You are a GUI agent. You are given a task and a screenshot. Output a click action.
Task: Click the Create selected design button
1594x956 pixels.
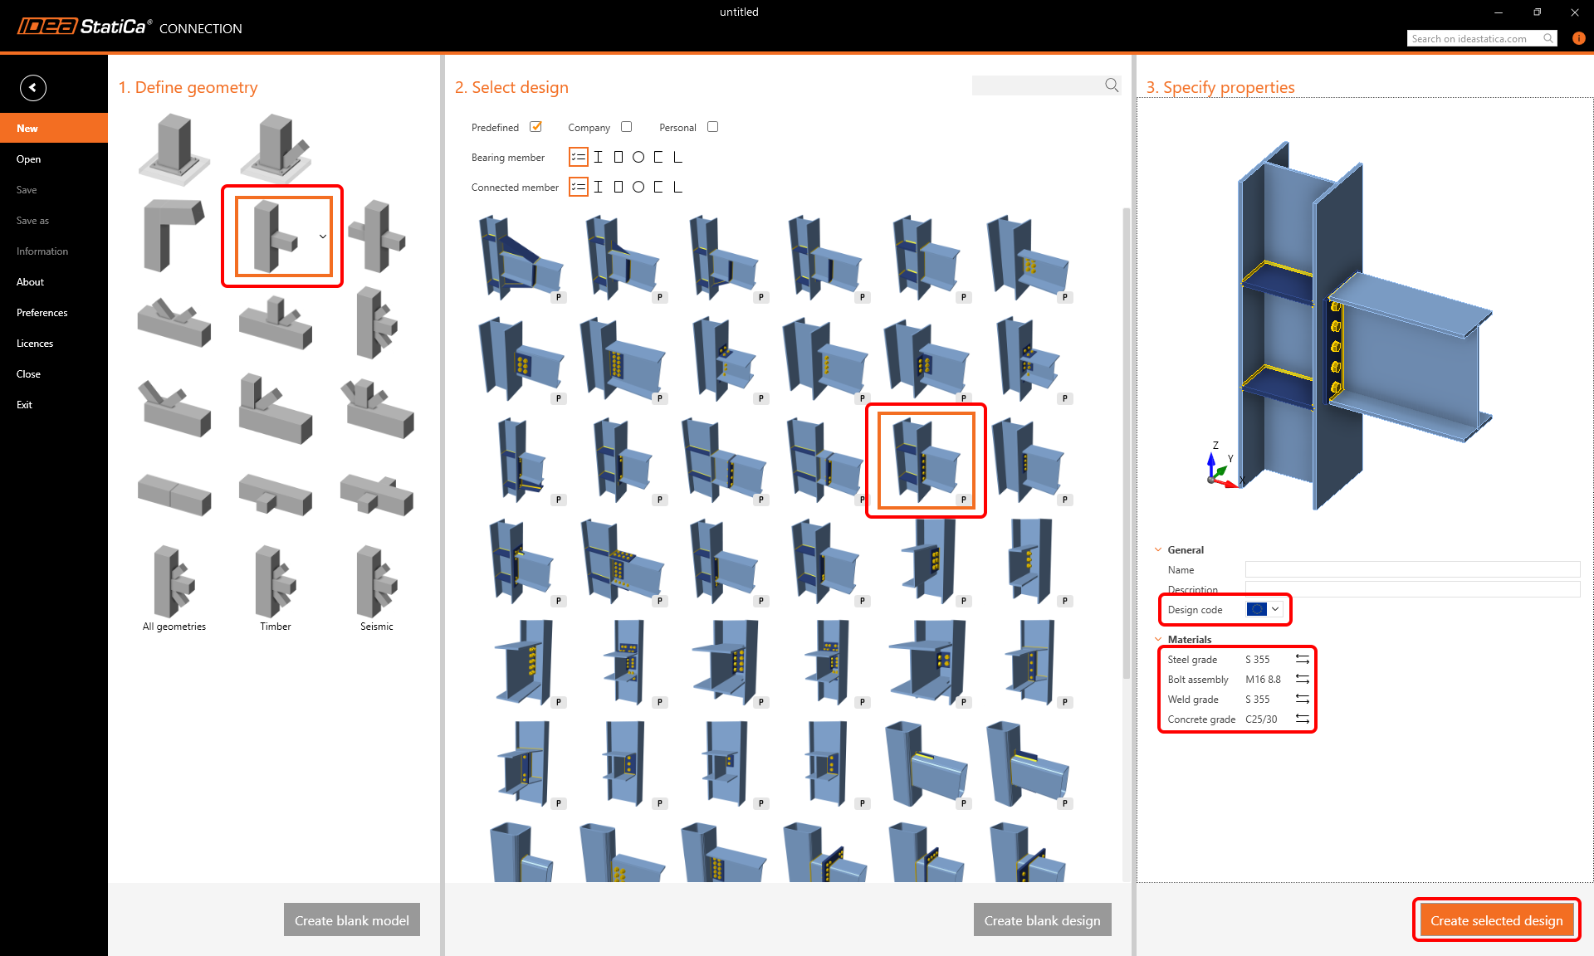tap(1496, 920)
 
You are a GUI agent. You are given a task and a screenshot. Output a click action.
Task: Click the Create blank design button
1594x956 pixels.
tap(1042, 920)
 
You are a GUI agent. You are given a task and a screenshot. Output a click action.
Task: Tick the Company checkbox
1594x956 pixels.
tap(627, 127)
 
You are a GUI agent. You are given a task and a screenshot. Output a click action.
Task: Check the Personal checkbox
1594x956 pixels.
tap(712, 127)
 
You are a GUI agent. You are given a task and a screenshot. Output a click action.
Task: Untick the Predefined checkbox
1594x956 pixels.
tap(536, 127)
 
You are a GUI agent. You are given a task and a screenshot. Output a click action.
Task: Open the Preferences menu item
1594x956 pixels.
tap(42, 313)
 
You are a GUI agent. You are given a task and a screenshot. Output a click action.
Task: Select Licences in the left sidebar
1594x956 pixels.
tap(35, 344)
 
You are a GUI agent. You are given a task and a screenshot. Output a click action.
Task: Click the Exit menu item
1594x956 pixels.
tap(25, 405)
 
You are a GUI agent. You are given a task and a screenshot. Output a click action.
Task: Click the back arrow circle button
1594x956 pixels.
tap(33, 88)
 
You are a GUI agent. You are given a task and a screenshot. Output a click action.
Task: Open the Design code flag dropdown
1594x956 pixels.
tap(1264, 610)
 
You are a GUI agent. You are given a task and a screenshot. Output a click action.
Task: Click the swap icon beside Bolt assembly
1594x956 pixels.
tap(1303, 680)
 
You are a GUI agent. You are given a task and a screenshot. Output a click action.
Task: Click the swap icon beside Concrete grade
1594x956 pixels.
tap(1303, 719)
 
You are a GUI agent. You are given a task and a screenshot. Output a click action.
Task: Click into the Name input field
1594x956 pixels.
tap(1411, 570)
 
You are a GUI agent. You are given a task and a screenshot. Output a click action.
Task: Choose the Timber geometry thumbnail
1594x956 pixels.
tap(276, 585)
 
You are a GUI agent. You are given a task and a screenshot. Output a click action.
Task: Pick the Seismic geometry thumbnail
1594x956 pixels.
tap(377, 585)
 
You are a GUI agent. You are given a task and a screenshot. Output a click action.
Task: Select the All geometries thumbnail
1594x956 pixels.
tap(174, 585)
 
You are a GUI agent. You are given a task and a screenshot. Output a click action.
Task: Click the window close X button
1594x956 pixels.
tap(1575, 12)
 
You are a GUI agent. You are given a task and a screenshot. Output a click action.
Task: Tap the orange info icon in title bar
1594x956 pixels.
tap(1579, 38)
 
